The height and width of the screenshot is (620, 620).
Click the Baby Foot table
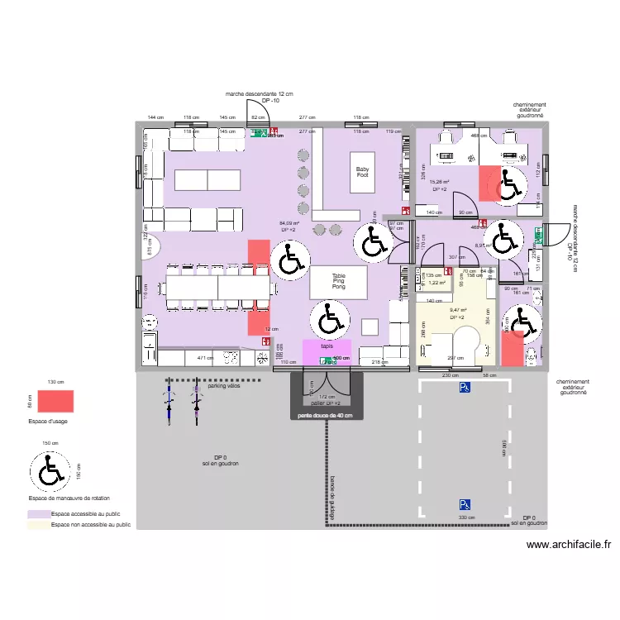[363, 171]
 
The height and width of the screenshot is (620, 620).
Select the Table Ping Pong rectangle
[338, 281]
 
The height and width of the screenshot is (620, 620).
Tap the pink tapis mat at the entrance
[327, 350]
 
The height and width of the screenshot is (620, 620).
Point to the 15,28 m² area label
[439, 183]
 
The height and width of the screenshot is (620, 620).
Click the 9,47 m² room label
[457, 311]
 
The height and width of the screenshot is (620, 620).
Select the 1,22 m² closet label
[437, 283]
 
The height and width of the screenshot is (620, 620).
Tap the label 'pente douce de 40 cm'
[326, 416]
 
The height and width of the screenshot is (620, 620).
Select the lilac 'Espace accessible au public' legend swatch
[38, 513]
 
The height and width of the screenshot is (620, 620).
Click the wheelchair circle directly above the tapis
[328, 318]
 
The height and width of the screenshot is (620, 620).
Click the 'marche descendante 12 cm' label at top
[265, 95]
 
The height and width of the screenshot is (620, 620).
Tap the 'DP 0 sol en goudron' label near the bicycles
[220, 460]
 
